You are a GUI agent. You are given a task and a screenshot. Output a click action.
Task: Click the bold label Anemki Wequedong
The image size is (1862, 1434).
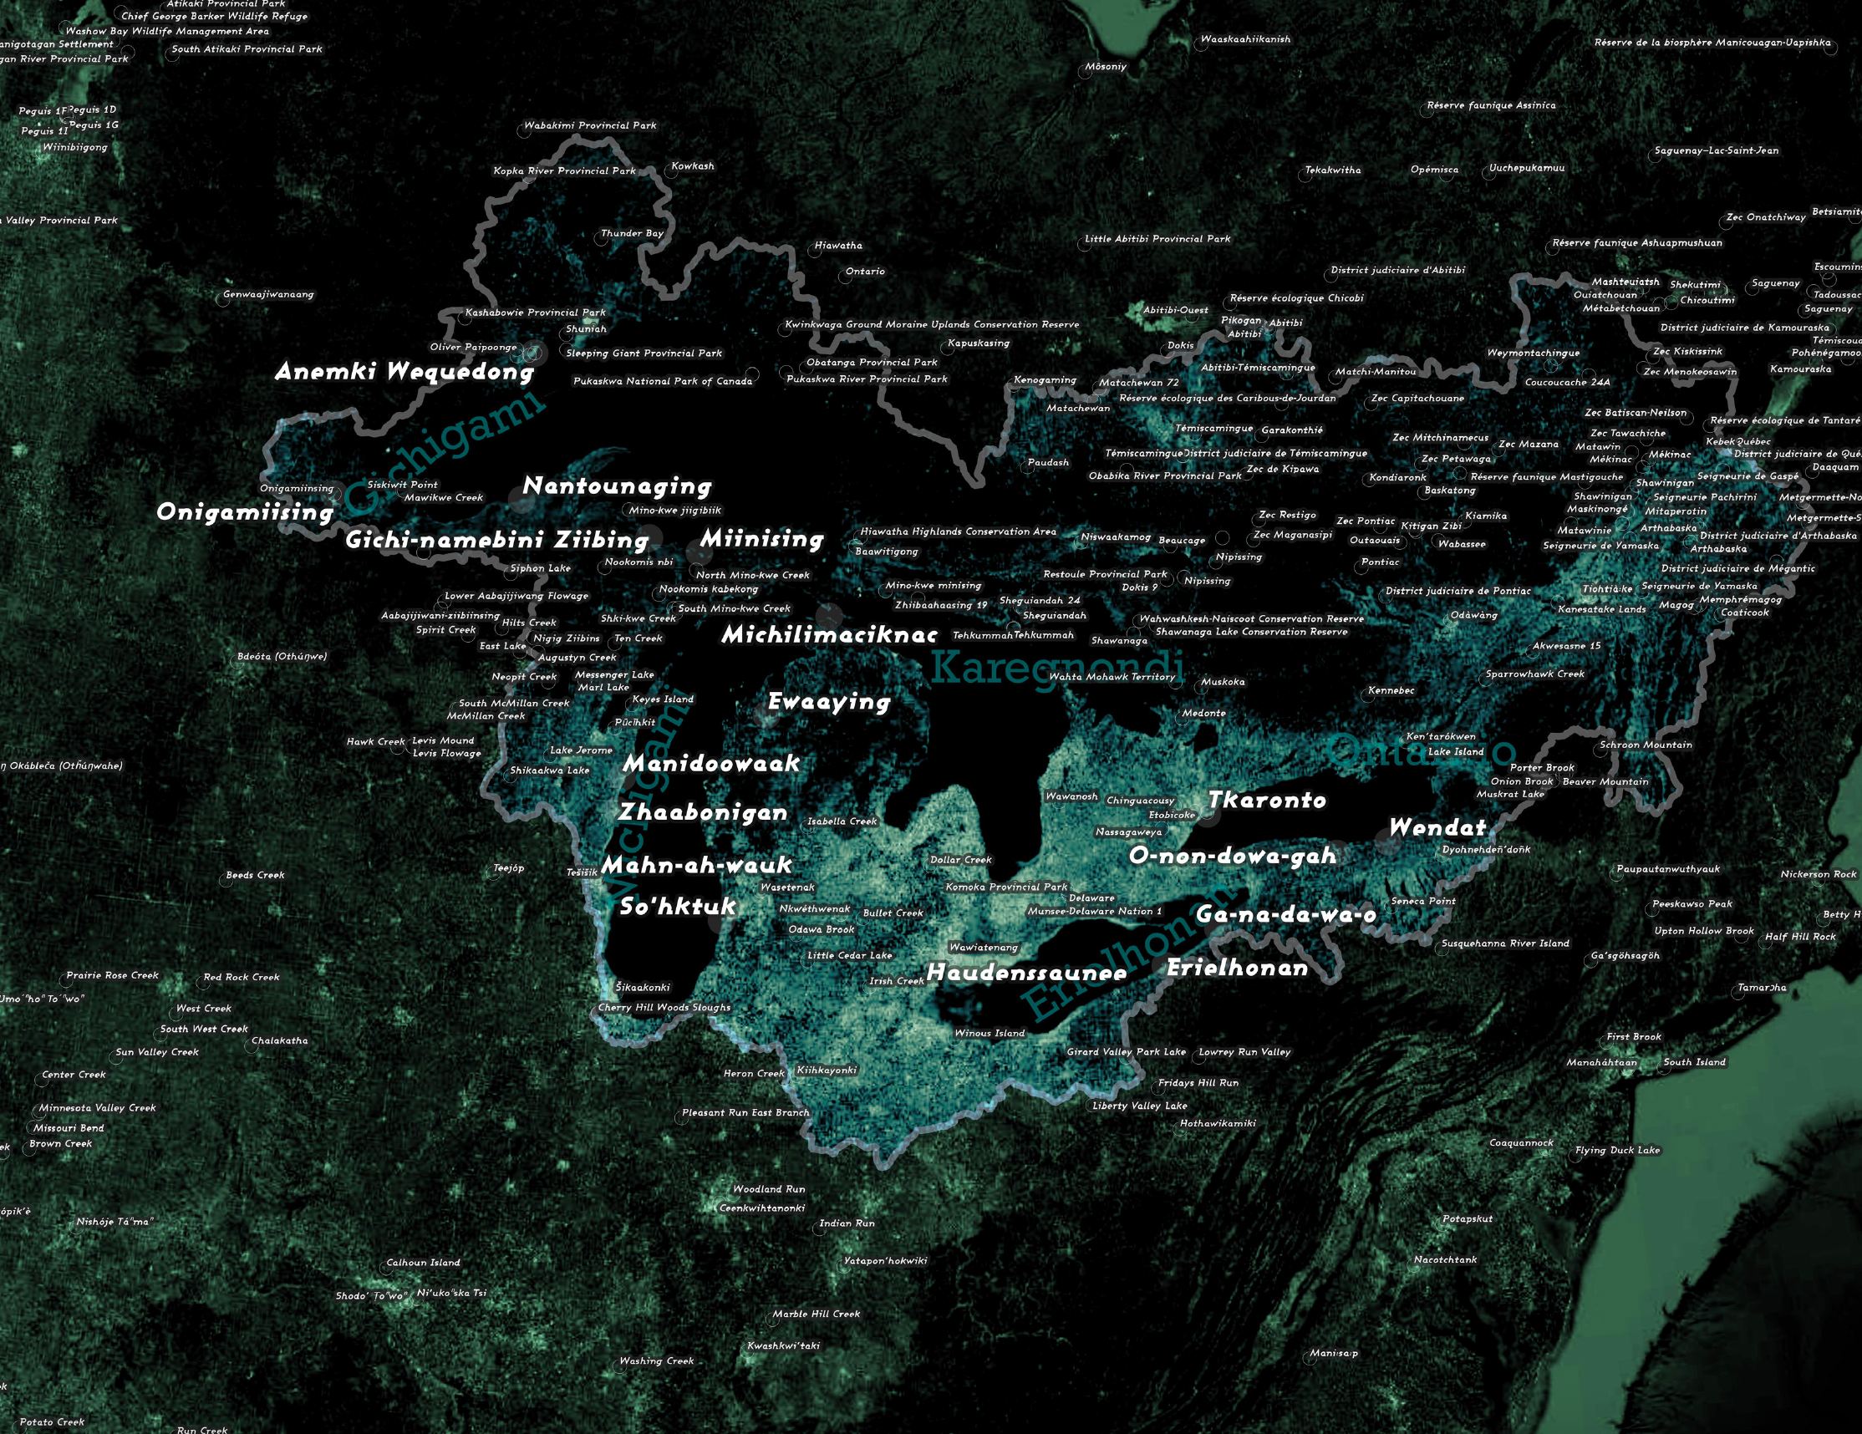click(x=404, y=372)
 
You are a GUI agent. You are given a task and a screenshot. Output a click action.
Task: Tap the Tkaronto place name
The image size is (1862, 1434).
click(x=1267, y=800)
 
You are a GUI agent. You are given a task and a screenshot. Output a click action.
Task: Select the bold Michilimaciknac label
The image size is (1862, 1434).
click(x=829, y=634)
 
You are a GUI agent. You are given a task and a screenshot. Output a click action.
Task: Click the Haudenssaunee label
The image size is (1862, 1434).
click(x=1026, y=973)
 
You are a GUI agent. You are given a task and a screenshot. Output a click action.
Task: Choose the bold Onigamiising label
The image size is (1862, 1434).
click(x=245, y=512)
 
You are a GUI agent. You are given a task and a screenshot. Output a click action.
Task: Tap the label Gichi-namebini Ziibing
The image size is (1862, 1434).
click(x=497, y=540)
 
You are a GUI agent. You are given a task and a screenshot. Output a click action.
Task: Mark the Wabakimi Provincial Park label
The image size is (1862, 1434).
click(x=590, y=125)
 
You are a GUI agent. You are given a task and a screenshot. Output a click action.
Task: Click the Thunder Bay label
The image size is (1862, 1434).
click(x=632, y=233)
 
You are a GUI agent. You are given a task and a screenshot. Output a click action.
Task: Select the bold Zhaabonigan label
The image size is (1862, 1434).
click(x=703, y=812)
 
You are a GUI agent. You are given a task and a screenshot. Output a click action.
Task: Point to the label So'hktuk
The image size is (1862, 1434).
click(x=677, y=906)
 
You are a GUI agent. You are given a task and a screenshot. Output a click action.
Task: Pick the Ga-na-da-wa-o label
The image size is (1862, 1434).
click(x=1285, y=915)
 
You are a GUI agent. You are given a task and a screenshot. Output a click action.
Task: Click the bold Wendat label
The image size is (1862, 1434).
click(x=1437, y=827)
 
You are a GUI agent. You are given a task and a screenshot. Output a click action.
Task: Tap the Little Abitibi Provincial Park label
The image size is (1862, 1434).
click(x=1157, y=239)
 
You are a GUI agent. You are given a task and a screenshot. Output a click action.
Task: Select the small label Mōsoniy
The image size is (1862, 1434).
click(x=1106, y=67)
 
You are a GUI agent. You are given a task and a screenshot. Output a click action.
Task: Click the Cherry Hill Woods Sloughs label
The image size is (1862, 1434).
click(x=664, y=1007)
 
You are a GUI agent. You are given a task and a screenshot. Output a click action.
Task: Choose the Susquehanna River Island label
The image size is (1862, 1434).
click(x=1505, y=943)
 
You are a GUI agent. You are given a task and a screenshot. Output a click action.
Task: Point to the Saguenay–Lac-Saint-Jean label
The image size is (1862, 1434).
click(x=1717, y=151)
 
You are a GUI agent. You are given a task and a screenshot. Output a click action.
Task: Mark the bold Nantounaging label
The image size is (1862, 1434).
click(x=617, y=486)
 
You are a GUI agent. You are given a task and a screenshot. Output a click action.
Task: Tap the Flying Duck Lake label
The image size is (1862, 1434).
click(x=1617, y=1149)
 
